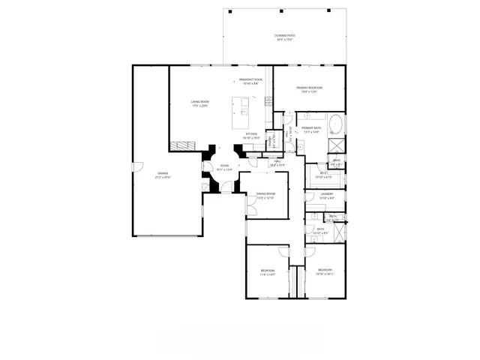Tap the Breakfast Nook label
pyautogui.click(x=250, y=81)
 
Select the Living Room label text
pyautogui.click(x=199, y=103)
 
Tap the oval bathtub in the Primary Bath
pyautogui.click(x=334, y=124)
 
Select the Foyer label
pyautogui.click(x=224, y=168)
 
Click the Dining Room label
pyautogui.click(x=266, y=196)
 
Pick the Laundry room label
pyautogui.click(x=326, y=196)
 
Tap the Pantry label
pyautogui.click(x=271, y=141)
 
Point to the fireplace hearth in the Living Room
pyautogui.click(x=178, y=144)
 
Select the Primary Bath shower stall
pyautogui.click(x=337, y=145)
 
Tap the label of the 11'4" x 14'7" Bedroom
pyautogui.click(x=268, y=272)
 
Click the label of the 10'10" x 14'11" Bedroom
pyautogui.click(x=325, y=271)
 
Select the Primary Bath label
pyautogui.click(x=311, y=130)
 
